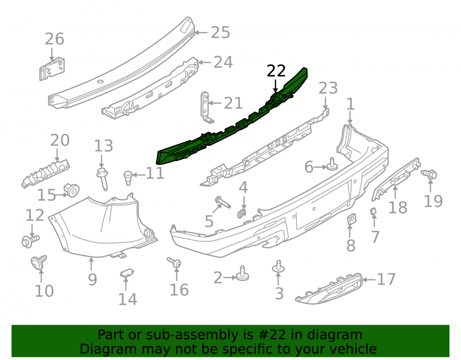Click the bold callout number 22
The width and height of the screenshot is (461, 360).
(276, 71)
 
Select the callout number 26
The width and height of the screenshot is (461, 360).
(54, 39)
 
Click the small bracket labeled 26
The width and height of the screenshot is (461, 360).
(52, 69)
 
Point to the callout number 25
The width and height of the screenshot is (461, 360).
(220, 32)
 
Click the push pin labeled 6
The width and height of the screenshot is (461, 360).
(332, 165)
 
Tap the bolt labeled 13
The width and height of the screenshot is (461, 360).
(103, 179)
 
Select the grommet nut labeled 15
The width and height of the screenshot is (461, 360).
(71, 190)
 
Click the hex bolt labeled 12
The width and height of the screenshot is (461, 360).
(30, 241)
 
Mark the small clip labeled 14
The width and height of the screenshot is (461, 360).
(127, 274)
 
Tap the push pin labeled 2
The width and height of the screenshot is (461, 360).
(242, 274)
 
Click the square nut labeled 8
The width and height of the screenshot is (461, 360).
(351, 219)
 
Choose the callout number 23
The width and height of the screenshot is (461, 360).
(328, 88)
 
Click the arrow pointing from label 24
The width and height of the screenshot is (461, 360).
(205, 62)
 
